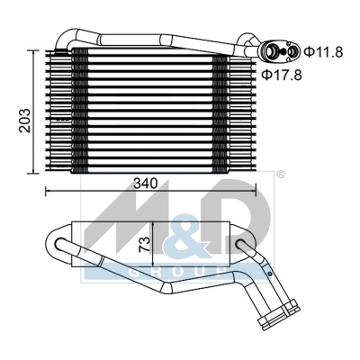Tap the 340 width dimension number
point(145,182)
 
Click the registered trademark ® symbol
point(280,175)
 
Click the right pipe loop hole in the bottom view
point(242,244)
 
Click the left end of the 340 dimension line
point(46,191)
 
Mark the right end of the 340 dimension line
point(256,191)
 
